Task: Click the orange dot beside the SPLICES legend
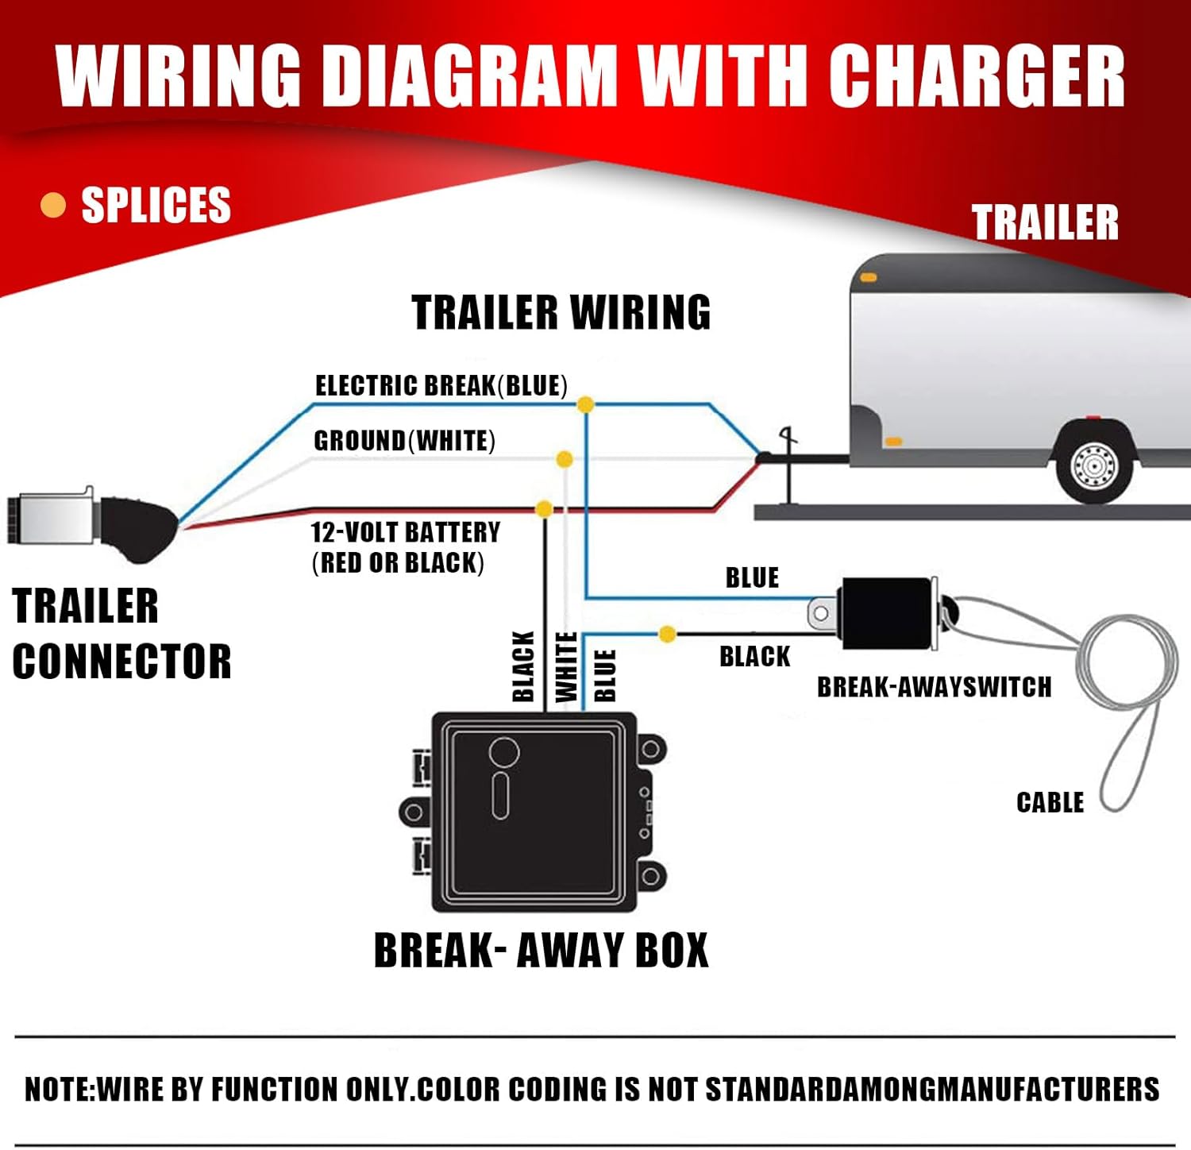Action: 52,205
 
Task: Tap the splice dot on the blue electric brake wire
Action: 585,404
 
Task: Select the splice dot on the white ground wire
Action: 565,459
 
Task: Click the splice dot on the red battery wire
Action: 545,509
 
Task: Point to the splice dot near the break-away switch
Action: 668,634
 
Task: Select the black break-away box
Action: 534,812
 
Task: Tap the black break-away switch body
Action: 885,612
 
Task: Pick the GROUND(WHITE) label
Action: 404,441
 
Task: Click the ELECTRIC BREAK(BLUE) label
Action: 441,386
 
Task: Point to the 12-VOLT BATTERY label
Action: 405,532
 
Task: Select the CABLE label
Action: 1050,802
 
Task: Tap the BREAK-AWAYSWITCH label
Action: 934,687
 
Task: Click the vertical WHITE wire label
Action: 566,667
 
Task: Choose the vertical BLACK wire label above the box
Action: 523,667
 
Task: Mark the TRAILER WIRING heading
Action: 561,312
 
